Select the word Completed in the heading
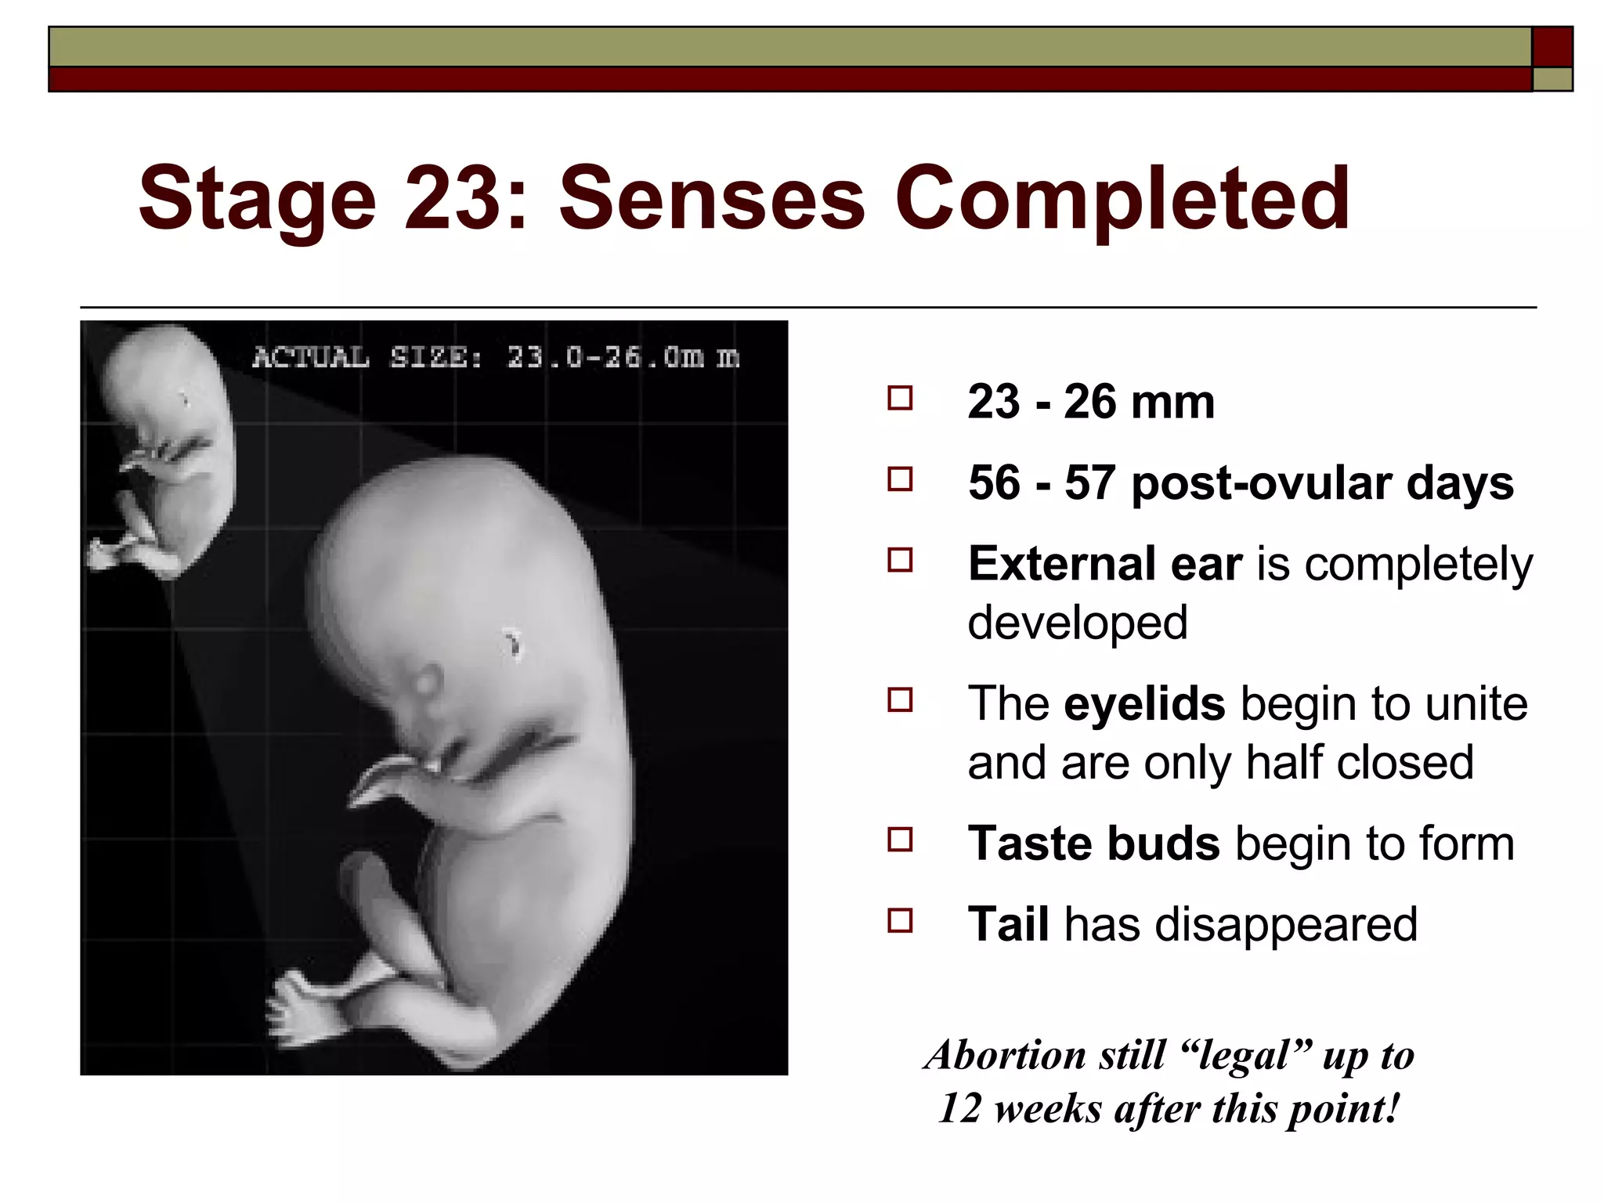click(1122, 200)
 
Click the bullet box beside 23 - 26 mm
click(900, 399)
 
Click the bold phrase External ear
click(1104, 563)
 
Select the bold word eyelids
click(1144, 703)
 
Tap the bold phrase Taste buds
click(1093, 844)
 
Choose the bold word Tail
click(1008, 924)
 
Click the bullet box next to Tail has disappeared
click(900, 920)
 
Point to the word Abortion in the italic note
click(1006, 1055)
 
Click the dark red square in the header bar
click(1552, 47)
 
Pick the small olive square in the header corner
click(1552, 79)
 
